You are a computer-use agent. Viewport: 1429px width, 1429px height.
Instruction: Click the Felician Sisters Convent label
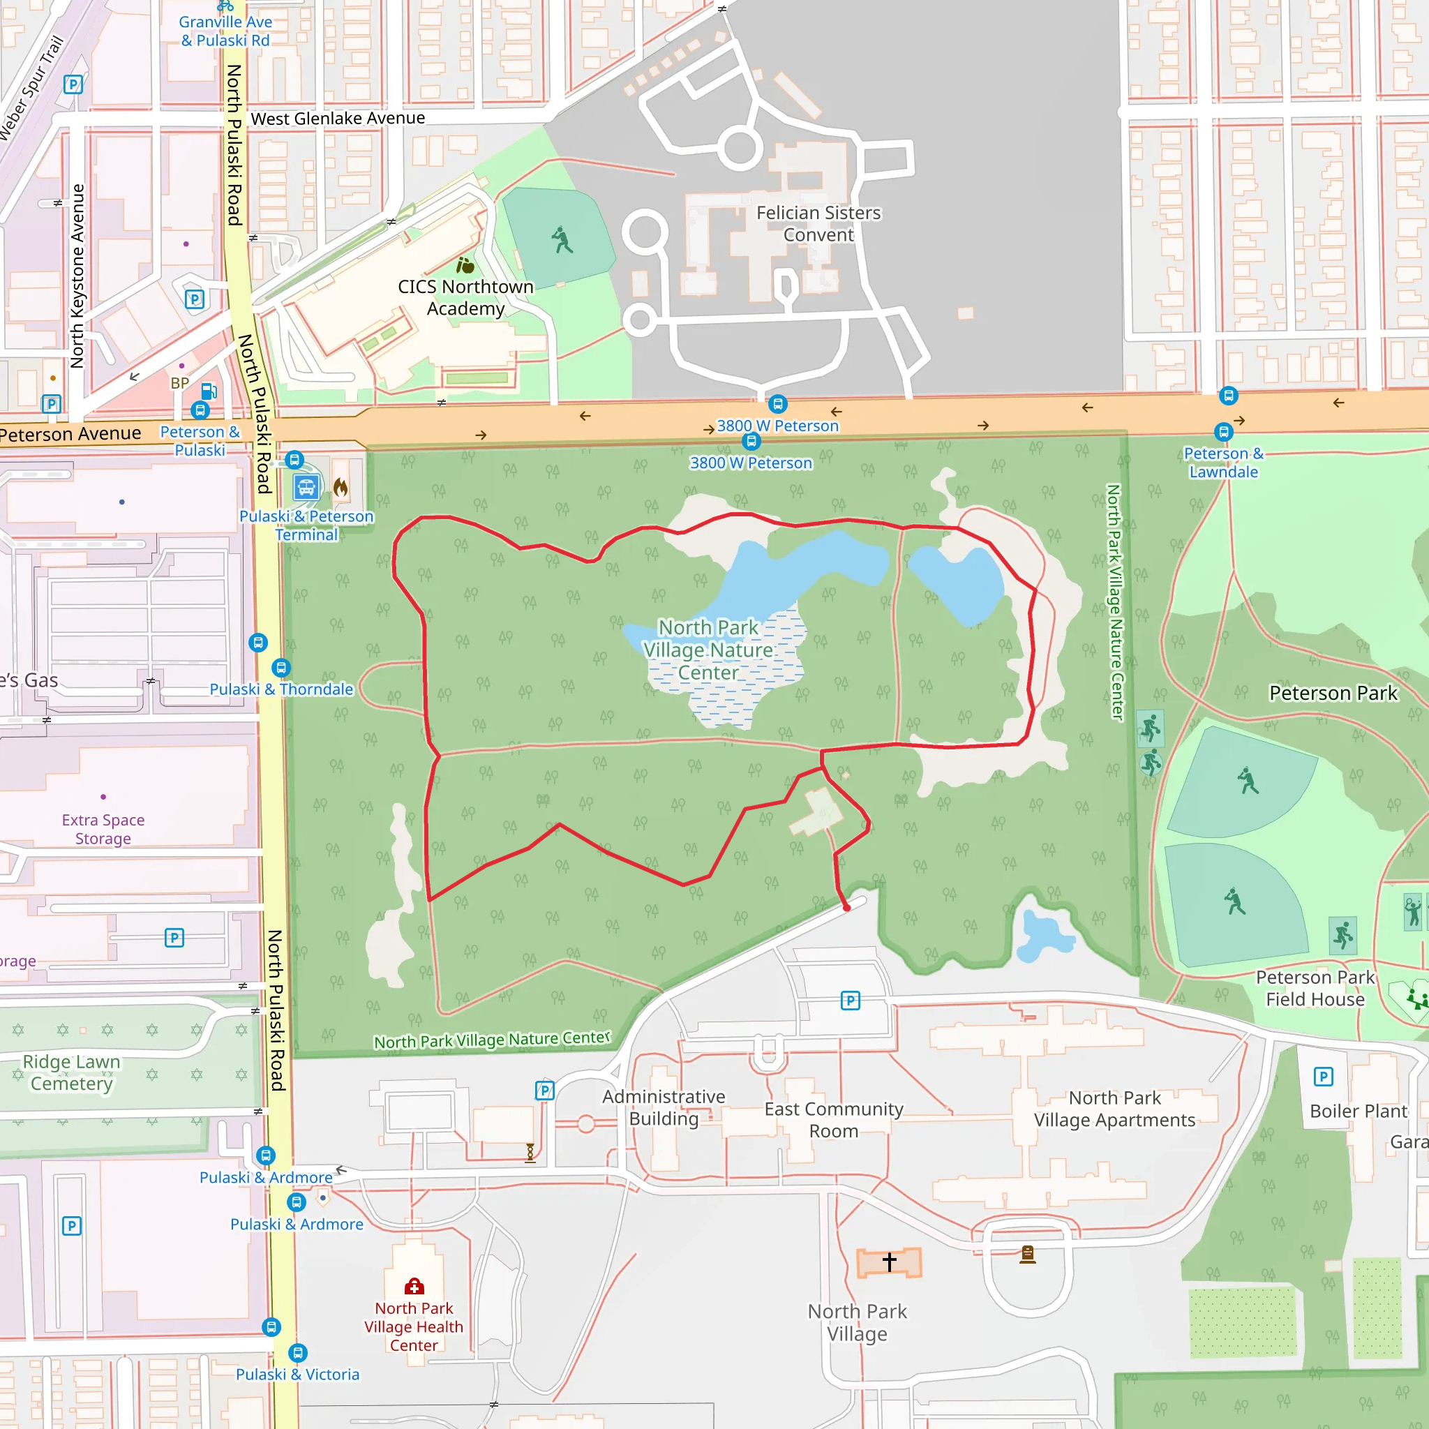pos(818,223)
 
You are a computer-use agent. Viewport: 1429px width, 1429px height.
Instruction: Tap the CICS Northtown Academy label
pos(465,297)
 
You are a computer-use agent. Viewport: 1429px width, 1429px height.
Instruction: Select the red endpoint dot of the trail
pos(846,908)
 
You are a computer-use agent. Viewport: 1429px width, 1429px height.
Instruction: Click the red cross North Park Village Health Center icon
pos(414,1286)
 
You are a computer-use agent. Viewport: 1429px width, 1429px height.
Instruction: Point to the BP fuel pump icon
pos(209,391)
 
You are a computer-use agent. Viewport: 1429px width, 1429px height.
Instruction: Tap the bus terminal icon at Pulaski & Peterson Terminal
pos(306,487)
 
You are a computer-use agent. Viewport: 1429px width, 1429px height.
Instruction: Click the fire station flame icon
pos(341,487)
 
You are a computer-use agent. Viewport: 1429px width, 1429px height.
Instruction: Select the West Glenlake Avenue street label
pos(338,119)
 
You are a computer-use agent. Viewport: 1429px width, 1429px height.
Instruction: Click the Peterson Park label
pos(1333,693)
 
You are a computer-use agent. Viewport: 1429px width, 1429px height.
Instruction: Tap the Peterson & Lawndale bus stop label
pos(1223,463)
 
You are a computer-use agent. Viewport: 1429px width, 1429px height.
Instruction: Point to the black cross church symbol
pos(889,1261)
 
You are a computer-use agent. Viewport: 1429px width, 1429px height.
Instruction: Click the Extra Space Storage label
pos(103,829)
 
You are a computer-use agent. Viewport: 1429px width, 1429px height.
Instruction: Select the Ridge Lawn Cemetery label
pos(71,1072)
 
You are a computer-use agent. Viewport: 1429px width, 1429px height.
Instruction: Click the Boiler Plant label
pos(1358,1111)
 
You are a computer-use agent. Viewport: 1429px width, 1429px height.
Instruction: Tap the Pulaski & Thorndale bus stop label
pos(281,689)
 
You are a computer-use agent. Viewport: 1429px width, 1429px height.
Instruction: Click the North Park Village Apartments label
pos(1114,1109)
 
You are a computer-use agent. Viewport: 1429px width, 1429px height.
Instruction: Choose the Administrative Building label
pos(664,1107)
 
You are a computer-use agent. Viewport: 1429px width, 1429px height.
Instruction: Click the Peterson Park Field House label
pos(1315,988)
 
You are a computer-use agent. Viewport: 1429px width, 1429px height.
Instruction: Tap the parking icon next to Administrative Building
pos(544,1091)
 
